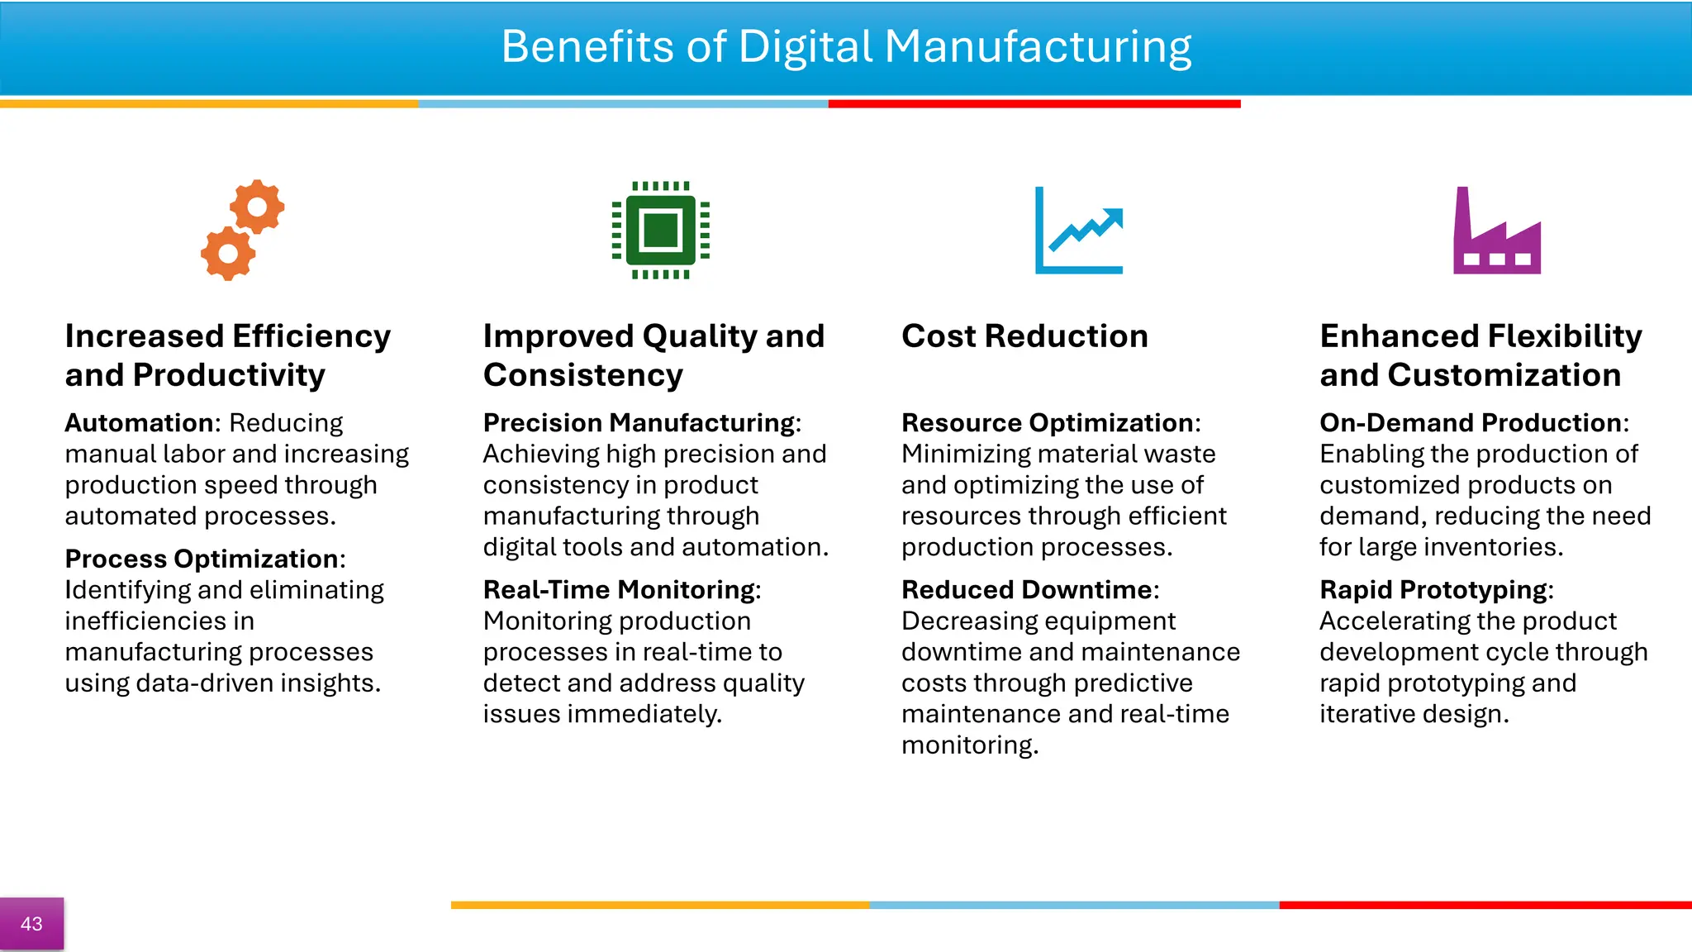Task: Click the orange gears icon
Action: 242,230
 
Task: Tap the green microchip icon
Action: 660,230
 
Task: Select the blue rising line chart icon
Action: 1079,231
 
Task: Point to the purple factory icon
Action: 1496,231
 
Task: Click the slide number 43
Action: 31,924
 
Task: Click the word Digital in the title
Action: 805,46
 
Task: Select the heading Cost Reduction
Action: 1024,336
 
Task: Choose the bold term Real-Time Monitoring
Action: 619,590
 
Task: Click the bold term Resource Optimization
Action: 1047,423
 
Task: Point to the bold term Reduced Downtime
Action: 1027,590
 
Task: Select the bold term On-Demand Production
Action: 1470,423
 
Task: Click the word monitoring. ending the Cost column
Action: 969,745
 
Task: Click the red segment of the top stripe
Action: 1034,104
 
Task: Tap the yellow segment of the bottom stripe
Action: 659,906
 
